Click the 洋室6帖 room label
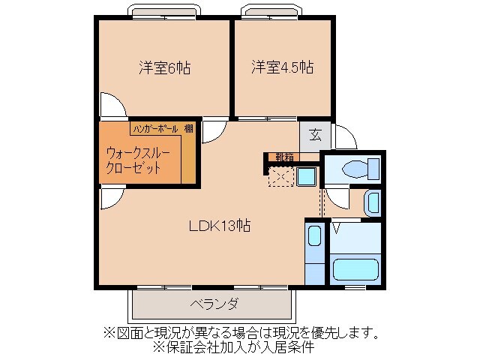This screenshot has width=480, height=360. point(163,68)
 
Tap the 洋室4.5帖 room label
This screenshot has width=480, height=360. point(281,68)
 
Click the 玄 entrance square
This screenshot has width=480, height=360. point(316,136)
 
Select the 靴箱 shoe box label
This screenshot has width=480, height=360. point(284,157)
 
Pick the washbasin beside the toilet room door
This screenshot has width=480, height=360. point(372,203)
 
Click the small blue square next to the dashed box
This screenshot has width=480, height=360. point(306,178)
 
